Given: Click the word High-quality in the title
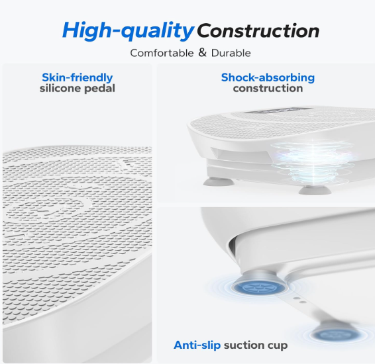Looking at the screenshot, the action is tap(128, 31).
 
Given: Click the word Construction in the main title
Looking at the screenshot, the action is tap(258, 31).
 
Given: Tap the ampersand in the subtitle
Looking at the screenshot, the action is tap(202, 52).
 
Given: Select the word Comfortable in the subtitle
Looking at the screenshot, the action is tap(162, 53).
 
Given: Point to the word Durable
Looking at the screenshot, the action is tap(231, 53).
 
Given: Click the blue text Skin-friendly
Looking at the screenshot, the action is tap(78, 77).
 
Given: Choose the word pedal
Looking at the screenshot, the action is tap(100, 89).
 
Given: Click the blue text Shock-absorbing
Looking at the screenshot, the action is tap(268, 77).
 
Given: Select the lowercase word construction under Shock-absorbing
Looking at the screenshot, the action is tap(268, 89).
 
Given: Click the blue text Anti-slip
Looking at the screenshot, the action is tap(197, 345).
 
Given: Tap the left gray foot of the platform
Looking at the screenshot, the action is tap(219, 182).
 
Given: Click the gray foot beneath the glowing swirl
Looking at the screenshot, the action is tap(314, 190).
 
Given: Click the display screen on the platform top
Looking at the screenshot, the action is tap(275, 111).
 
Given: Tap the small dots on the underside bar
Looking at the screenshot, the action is tap(299, 300).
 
